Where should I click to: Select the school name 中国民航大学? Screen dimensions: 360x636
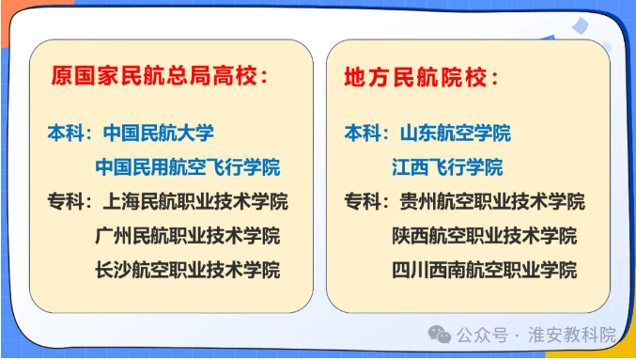coord(159,133)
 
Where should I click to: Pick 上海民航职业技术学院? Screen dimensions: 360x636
coord(192,201)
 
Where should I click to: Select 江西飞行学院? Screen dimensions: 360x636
coord(447,167)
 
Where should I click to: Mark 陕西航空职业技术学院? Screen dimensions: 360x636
coord(485,236)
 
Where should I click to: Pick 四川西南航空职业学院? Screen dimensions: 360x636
coord(485,271)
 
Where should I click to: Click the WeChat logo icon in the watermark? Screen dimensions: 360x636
coord(440,334)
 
